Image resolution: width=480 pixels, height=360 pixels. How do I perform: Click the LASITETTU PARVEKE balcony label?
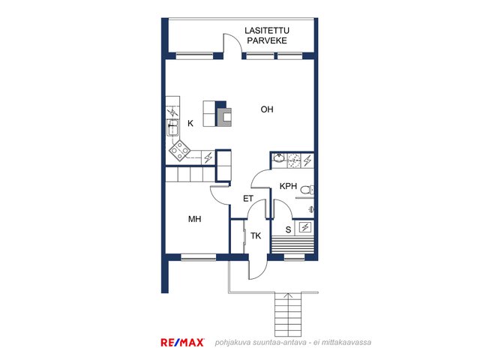pyautogui.click(x=267, y=35)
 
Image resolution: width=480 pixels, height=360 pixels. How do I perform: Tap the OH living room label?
pyautogui.click(x=267, y=109)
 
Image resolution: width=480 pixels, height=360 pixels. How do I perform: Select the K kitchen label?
pyautogui.click(x=190, y=123)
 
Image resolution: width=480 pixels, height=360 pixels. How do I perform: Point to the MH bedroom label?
pyautogui.click(x=195, y=219)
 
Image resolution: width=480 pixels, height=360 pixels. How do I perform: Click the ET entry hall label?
pyautogui.click(x=248, y=199)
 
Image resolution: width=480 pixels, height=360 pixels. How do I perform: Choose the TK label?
pyautogui.click(x=256, y=235)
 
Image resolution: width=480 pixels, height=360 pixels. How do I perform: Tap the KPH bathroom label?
pyautogui.click(x=288, y=186)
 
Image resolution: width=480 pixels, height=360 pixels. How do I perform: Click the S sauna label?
pyautogui.click(x=288, y=229)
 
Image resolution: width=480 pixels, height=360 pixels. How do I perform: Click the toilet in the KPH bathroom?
pyautogui.click(x=307, y=190)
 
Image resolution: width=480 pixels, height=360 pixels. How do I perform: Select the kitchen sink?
pyautogui.click(x=172, y=127)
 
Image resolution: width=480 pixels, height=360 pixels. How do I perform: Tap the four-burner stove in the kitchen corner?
pyautogui.click(x=180, y=150)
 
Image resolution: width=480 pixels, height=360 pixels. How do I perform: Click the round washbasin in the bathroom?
pyautogui.click(x=278, y=158)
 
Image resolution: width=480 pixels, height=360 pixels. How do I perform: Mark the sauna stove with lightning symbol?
pyautogui.click(x=305, y=227)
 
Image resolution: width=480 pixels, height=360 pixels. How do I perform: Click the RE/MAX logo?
pyautogui.click(x=182, y=342)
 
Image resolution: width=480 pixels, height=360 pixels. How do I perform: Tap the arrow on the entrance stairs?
pyautogui.click(x=287, y=296)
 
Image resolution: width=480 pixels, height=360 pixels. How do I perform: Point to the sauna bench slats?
pyautogui.click(x=292, y=244)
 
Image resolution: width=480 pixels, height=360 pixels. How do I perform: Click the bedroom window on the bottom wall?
pyautogui.click(x=198, y=257)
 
